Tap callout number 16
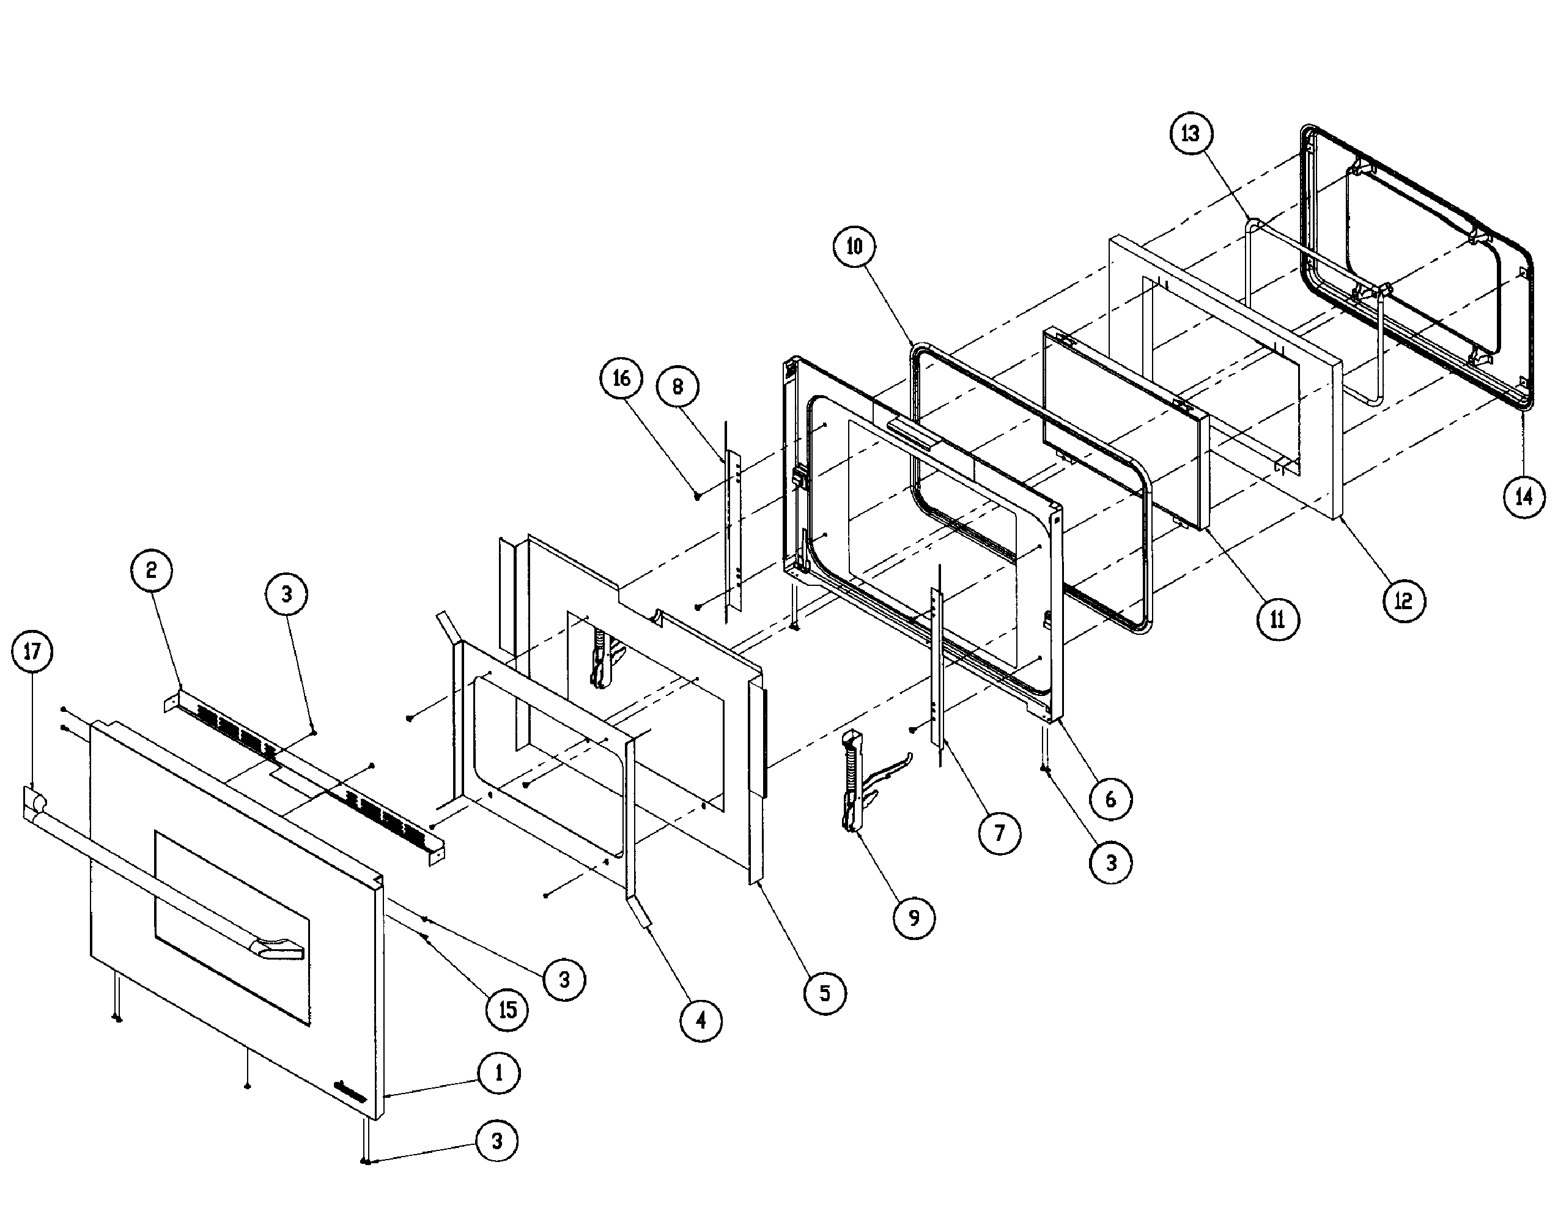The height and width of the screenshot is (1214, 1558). [x=621, y=378]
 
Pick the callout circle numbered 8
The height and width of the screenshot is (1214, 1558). [x=677, y=386]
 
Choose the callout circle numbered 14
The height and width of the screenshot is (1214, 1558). [x=1524, y=497]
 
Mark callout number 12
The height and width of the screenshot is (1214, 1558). [x=1404, y=601]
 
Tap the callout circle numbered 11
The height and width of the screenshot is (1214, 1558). [x=1278, y=620]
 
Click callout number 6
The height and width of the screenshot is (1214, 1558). [x=1110, y=799]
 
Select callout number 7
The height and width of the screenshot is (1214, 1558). [x=999, y=833]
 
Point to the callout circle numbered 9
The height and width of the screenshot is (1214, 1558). [x=914, y=918]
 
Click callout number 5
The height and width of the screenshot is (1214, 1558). [x=825, y=993]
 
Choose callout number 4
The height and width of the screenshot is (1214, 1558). [x=701, y=1021]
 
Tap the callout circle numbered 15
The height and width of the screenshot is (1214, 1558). [x=508, y=1010]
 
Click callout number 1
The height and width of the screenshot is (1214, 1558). [x=499, y=1073]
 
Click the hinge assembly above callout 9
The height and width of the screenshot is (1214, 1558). [x=867, y=785]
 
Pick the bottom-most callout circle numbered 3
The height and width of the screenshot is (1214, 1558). [x=497, y=1141]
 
